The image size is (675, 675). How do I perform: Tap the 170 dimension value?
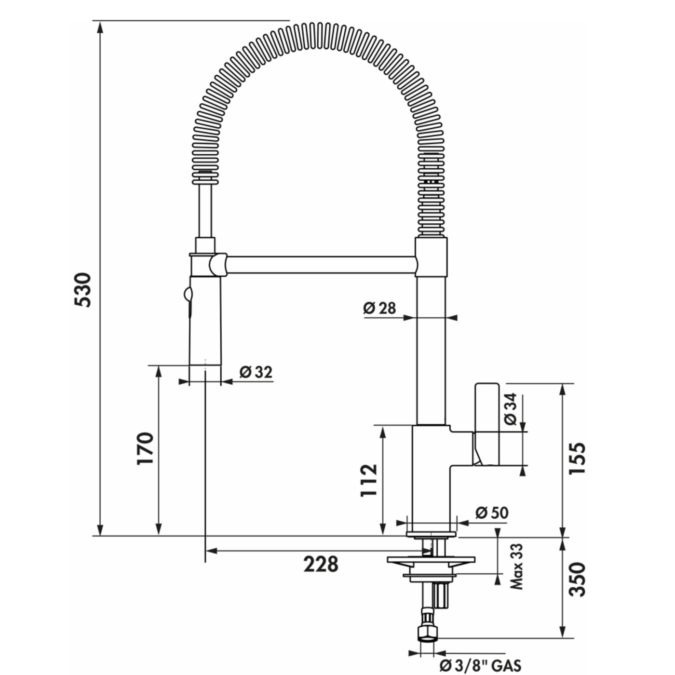[x=145, y=448]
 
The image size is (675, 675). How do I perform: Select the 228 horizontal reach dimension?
[x=321, y=564]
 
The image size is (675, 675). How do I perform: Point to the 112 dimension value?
[x=369, y=480]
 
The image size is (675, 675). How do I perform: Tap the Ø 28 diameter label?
[x=379, y=308]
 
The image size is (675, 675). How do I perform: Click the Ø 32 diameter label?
[x=256, y=372]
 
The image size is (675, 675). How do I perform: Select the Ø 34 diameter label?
[x=512, y=409]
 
